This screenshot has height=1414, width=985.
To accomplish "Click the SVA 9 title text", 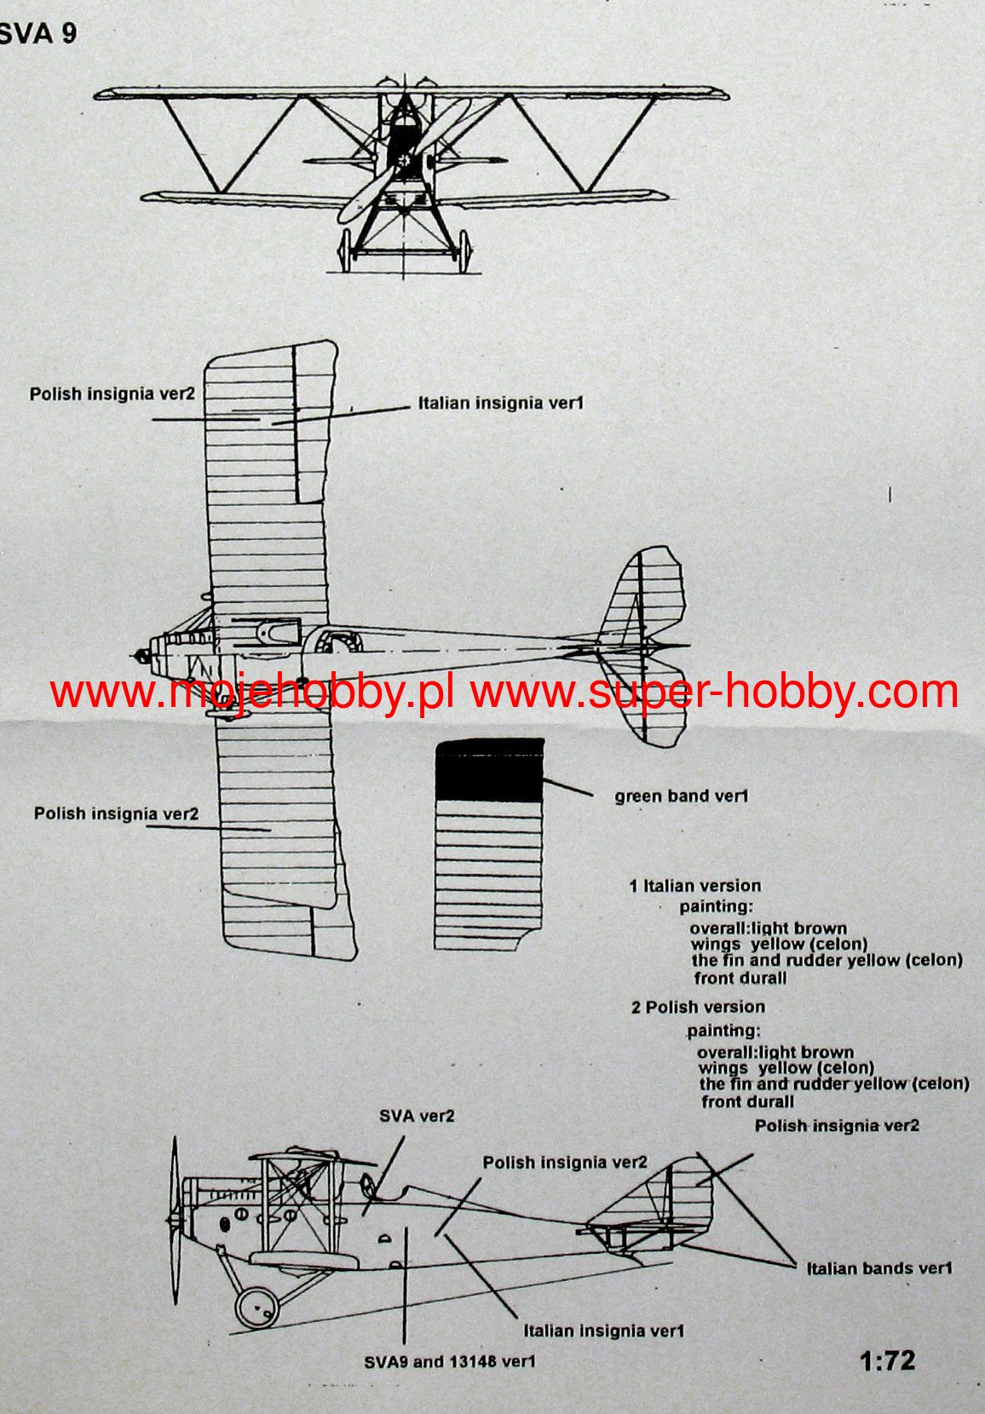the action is pos(38,33).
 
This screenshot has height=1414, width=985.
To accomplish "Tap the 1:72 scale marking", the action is pos(887,1360).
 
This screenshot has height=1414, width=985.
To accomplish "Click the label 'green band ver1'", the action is pos(681,796).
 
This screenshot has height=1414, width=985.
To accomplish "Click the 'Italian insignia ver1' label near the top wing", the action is pos(500,403).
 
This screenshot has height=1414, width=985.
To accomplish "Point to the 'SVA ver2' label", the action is pos(417,1116).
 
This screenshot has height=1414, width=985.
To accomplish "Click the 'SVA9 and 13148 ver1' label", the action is pos(450,1361).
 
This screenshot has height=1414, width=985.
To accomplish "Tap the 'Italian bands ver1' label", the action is pos(878,1268).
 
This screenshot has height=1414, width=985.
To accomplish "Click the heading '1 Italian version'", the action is pos(694,886).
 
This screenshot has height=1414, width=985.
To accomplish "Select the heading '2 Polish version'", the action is pos(698,1007).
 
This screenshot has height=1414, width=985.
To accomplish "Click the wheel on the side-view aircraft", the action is pos(256,1306).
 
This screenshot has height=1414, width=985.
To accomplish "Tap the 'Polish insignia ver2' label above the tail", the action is pos(837,1125).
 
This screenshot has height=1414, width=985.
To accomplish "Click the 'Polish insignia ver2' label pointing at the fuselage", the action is pos(564,1163).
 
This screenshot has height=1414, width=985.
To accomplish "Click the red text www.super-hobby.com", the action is pos(715,692).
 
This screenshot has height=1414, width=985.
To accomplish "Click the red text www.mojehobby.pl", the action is pos(251,693).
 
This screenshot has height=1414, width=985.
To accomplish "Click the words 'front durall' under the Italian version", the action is pos(740,978).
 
